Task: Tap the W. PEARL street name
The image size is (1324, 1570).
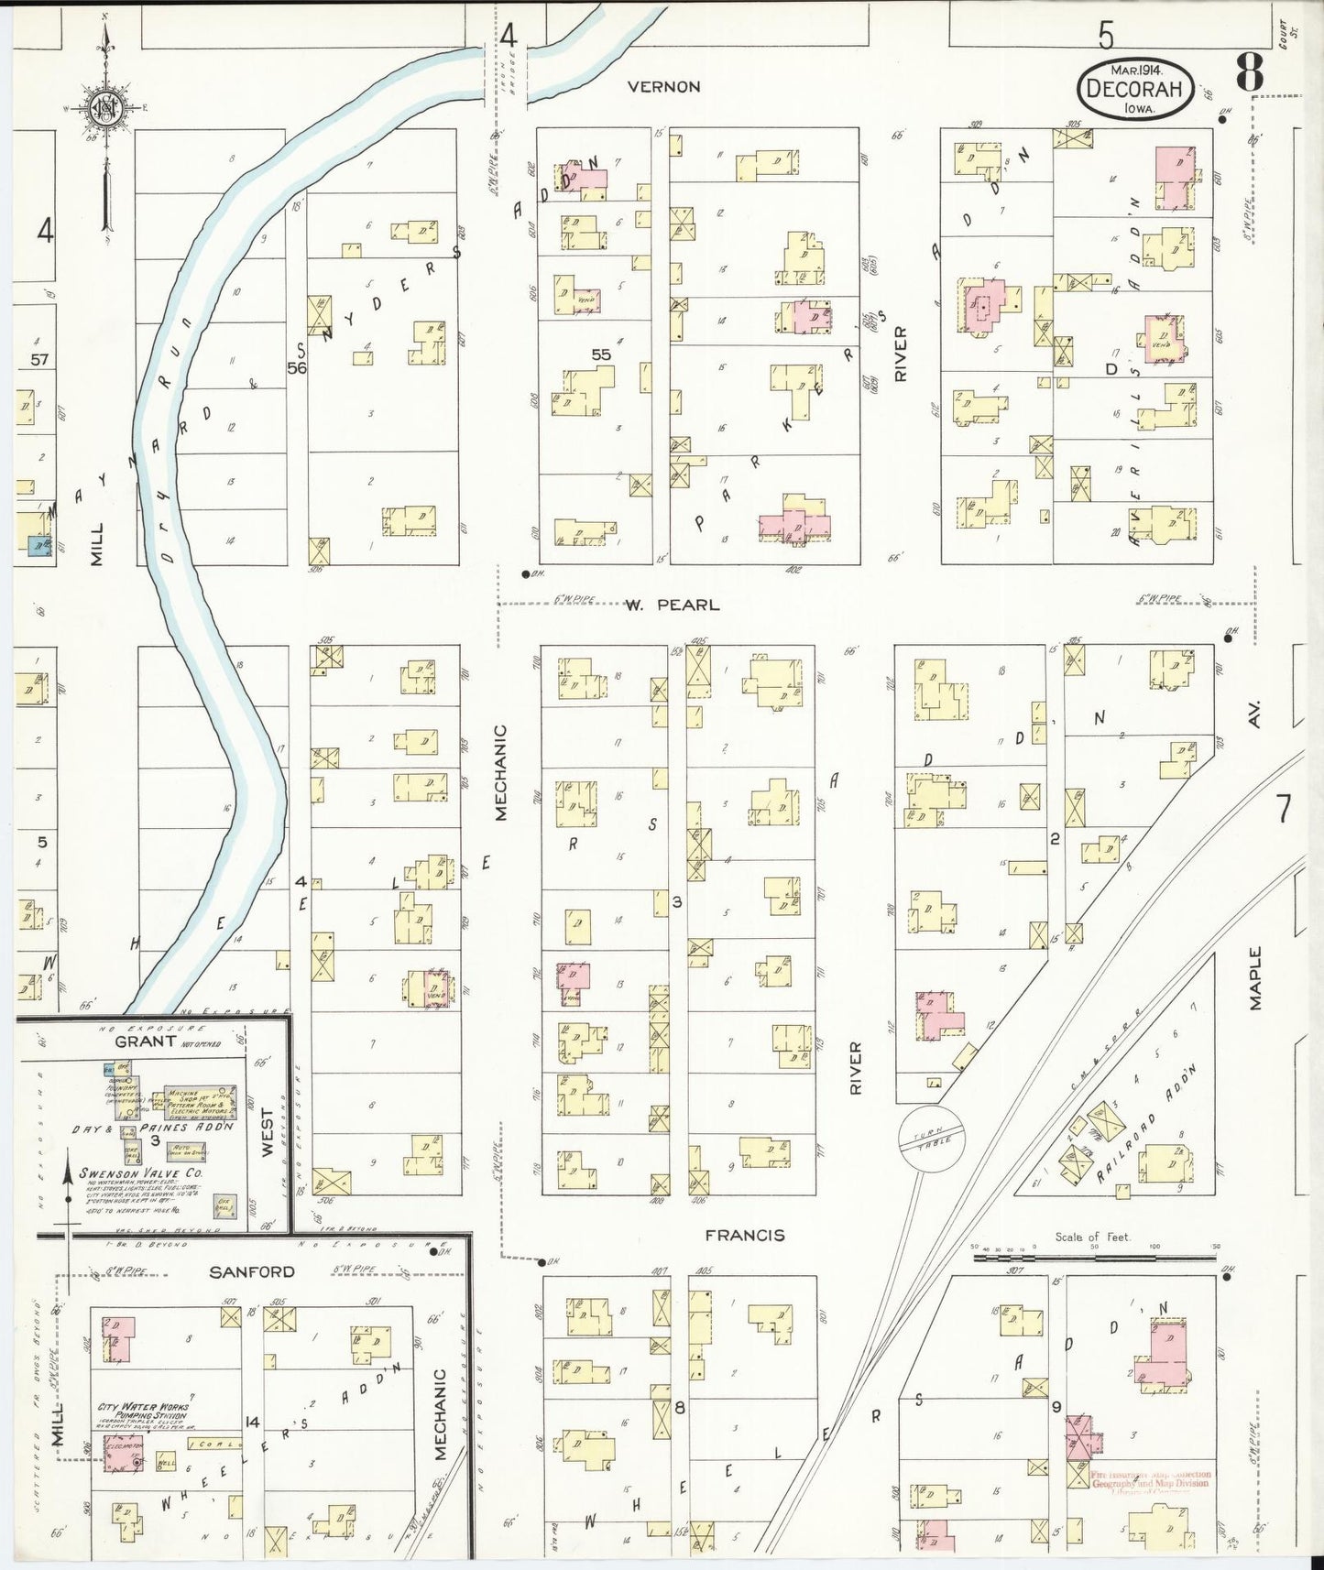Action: pyautogui.click(x=673, y=605)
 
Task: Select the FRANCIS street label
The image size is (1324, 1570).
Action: pyautogui.click(x=745, y=1235)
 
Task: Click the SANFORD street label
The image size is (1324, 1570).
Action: pyautogui.click(x=252, y=1271)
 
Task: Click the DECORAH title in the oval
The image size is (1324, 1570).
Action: pyautogui.click(x=1136, y=90)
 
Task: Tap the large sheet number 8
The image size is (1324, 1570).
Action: pyautogui.click(x=1250, y=71)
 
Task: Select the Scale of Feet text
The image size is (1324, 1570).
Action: pyautogui.click(x=1092, y=1237)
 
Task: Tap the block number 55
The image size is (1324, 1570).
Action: pyautogui.click(x=601, y=354)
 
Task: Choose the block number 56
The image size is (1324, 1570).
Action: pyautogui.click(x=296, y=368)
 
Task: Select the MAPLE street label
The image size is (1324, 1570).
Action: pyautogui.click(x=1254, y=978)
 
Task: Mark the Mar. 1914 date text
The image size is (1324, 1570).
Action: pyautogui.click(x=1135, y=70)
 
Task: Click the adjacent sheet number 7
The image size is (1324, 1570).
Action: pyautogui.click(x=1283, y=809)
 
